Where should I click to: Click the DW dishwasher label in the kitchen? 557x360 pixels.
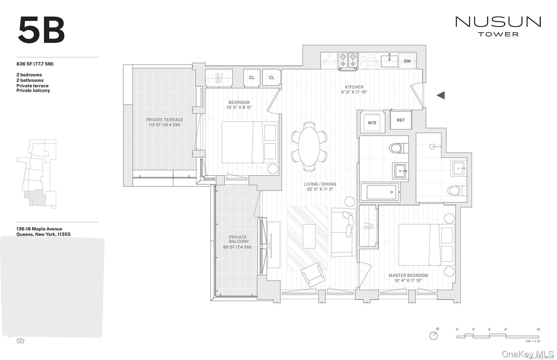tap(407, 61)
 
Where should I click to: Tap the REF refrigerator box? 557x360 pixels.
tap(400, 120)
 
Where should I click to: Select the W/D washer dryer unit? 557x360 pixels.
tap(372, 123)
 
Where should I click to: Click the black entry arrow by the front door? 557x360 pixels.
tap(441, 95)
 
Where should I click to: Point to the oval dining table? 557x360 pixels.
tap(309, 146)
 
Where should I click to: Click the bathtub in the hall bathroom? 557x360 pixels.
tap(380, 192)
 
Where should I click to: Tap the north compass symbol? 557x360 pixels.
tap(434, 335)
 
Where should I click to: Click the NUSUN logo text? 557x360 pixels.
tap(498, 22)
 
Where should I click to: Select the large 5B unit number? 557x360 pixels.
tap(41, 30)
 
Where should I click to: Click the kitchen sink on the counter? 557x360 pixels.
tap(389, 61)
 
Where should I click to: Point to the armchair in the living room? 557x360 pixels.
tap(313, 274)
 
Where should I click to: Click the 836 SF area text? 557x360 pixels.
tap(35, 64)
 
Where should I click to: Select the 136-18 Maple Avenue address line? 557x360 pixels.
tap(39, 229)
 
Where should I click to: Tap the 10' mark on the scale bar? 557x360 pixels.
tap(538, 330)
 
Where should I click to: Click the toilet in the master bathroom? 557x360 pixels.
tap(455, 191)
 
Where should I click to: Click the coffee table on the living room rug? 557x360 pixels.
tap(309, 236)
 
